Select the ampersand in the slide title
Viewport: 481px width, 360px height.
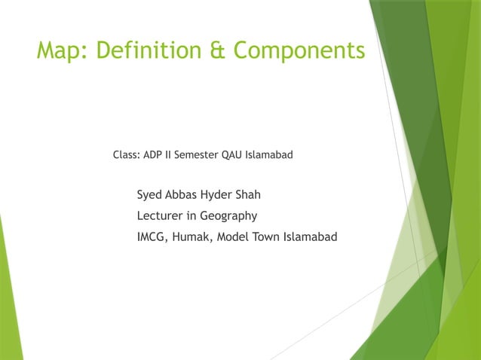click(x=218, y=50)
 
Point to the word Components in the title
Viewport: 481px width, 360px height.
click(x=299, y=50)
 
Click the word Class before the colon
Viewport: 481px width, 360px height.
click(x=126, y=155)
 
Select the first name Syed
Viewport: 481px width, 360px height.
click(x=150, y=195)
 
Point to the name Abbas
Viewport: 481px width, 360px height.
click(x=185, y=195)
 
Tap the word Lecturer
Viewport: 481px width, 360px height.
click(x=161, y=216)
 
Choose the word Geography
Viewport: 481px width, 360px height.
click(x=228, y=216)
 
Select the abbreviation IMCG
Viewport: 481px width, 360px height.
click(x=152, y=237)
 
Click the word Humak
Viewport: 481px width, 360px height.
click(x=193, y=237)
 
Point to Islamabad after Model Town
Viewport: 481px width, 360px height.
click(x=311, y=237)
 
